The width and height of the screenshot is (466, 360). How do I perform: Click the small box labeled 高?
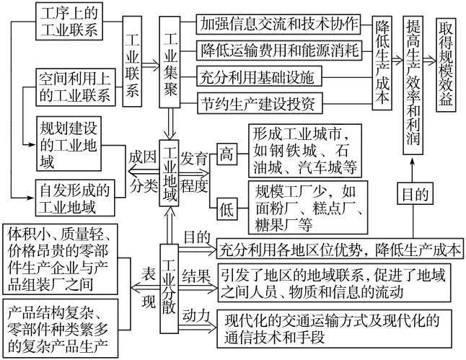pyautogui.click(x=227, y=154)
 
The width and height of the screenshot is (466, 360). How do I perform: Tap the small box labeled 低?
pyautogui.click(x=227, y=208)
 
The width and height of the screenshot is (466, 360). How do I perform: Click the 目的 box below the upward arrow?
pyautogui.click(x=410, y=194)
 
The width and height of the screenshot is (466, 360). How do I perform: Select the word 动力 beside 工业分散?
pyautogui.click(x=195, y=315)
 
